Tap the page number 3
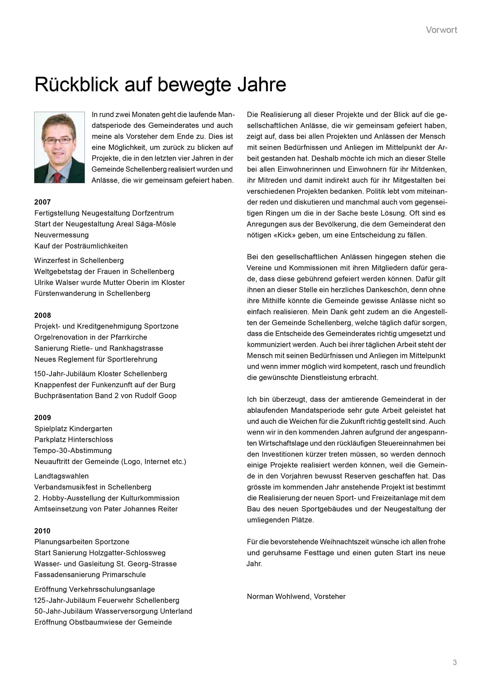pyautogui.click(x=454, y=662)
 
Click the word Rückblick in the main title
pyautogui.click(x=76, y=85)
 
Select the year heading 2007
pyautogui.click(x=42, y=202)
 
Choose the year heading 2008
pyautogui.click(x=42, y=315)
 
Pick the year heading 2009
pyautogui.click(x=42, y=418)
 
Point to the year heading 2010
pyautogui.click(x=42, y=531)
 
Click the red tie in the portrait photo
pyautogui.click(x=58, y=178)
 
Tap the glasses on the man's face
pyautogui.click(x=58, y=141)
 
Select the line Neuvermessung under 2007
pyautogui.click(x=61, y=235)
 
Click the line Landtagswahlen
pyautogui.click(x=61, y=476)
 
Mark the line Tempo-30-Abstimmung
pyautogui.click(x=73, y=451)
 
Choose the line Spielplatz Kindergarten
pyautogui.click(x=73, y=429)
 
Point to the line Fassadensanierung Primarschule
pyautogui.click(x=90, y=575)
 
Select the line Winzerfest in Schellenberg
pyautogui.click(x=79, y=261)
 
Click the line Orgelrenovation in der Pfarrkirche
pyautogui.click(x=91, y=337)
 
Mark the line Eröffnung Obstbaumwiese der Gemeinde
pyautogui.click(x=103, y=622)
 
